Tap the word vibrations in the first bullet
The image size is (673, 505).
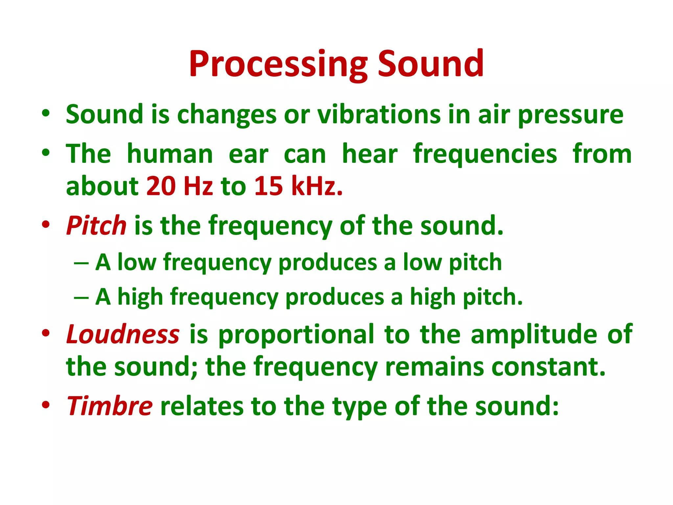pos(379,114)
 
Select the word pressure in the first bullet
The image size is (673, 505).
pos(570,115)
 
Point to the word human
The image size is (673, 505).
pos(170,154)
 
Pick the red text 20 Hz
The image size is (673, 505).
pos(180,186)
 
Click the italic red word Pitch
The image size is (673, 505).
pos(96,226)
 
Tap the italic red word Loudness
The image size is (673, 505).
pos(123,334)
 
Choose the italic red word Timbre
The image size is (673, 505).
pos(109,406)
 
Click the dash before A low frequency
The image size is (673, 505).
pos(81,263)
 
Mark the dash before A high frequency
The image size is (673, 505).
pos(81,297)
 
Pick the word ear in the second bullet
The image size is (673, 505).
pos(248,154)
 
